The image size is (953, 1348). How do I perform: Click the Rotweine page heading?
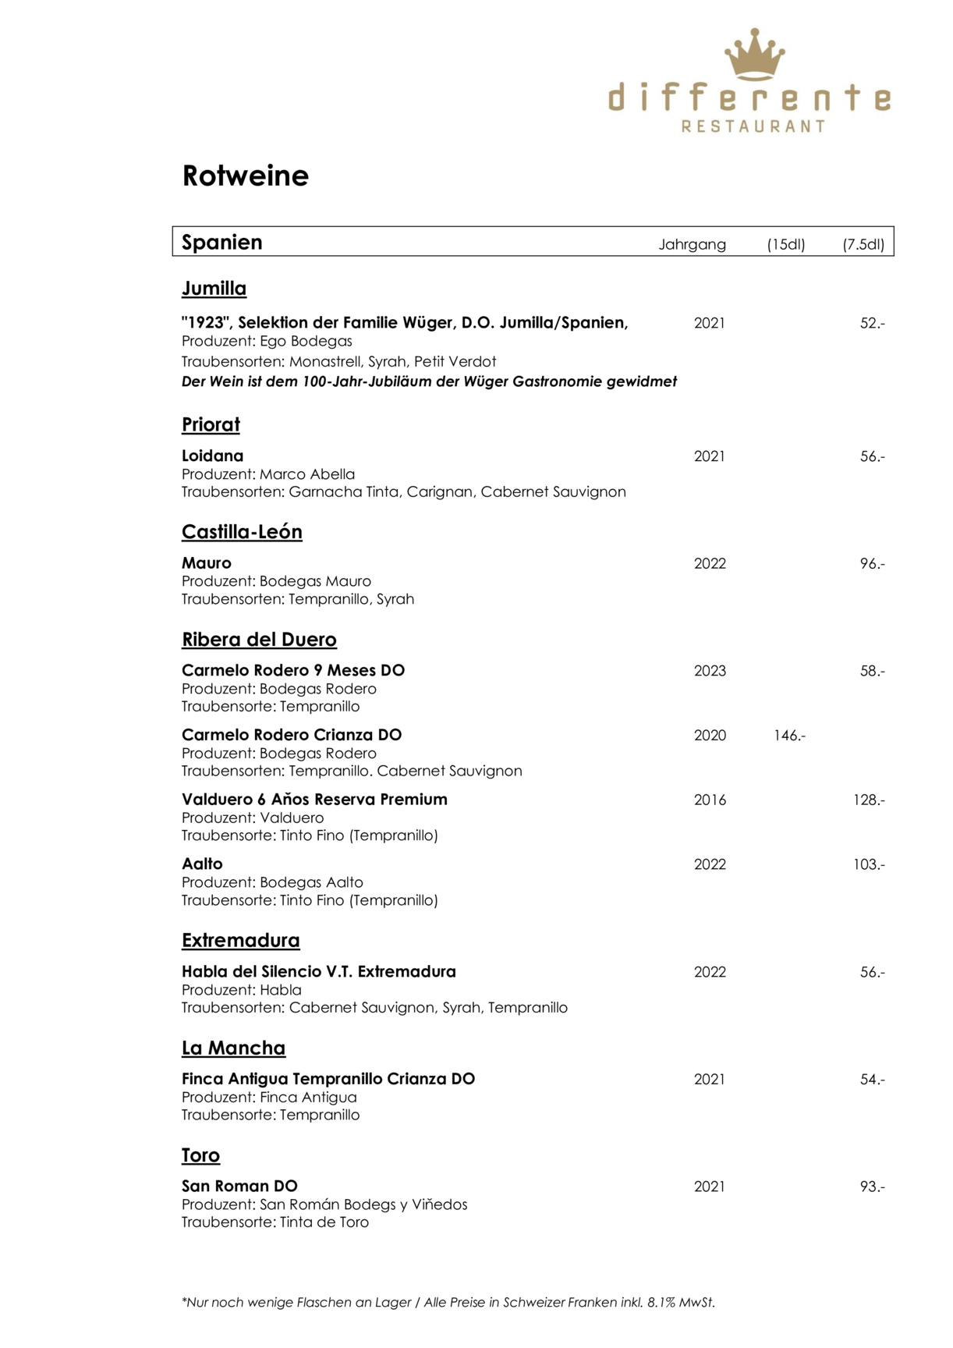(x=245, y=176)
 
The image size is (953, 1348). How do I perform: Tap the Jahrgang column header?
(x=692, y=244)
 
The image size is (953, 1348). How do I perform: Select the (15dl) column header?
(x=785, y=244)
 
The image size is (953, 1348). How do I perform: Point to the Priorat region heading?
(x=211, y=424)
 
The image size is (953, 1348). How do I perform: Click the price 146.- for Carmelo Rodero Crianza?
(x=789, y=735)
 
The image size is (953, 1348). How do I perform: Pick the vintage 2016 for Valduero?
(x=710, y=800)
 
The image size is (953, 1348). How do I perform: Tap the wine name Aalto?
(x=202, y=864)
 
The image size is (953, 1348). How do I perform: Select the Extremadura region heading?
(x=240, y=940)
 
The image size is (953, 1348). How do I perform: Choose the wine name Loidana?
(x=212, y=456)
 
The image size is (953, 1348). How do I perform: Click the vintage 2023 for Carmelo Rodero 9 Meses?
(x=710, y=671)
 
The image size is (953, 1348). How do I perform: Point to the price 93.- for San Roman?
(x=872, y=1187)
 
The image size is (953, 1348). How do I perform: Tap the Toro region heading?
(x=200, y=1155)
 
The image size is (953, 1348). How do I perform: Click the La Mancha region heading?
(x=233, y=1048)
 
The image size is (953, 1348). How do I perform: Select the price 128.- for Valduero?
(x=869, y=800)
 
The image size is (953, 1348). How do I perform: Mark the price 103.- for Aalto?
(x=869, y=864)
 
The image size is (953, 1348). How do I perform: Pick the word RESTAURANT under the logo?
(x=753, y=126)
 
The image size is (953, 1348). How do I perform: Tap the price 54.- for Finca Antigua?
(x=872, y=1080)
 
